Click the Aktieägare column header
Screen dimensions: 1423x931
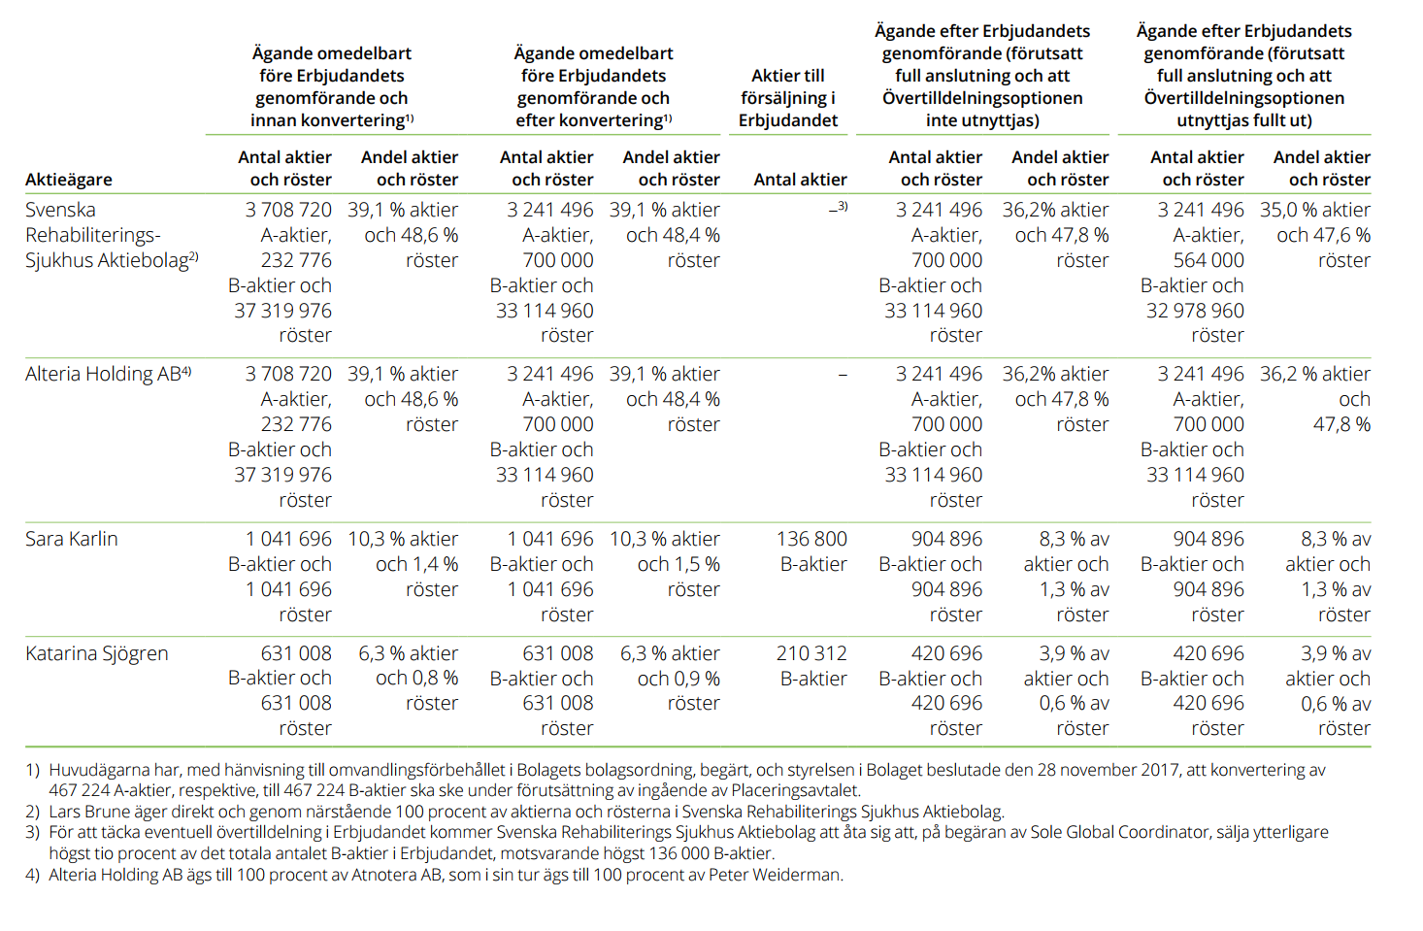[69, 180]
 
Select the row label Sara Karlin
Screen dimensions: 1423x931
[72, 539]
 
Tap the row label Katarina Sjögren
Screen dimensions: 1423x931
[97, 654]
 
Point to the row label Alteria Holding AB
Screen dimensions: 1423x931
[108, 374]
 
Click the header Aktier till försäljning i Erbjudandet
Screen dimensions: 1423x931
[788, 98]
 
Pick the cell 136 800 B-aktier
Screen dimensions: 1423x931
[811, 551]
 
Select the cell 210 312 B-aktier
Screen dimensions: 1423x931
[811, 666]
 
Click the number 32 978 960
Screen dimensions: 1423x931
[1195, 311]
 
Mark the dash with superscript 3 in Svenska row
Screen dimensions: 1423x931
[839, 208]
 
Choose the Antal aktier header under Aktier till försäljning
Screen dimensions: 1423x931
[801, 180]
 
